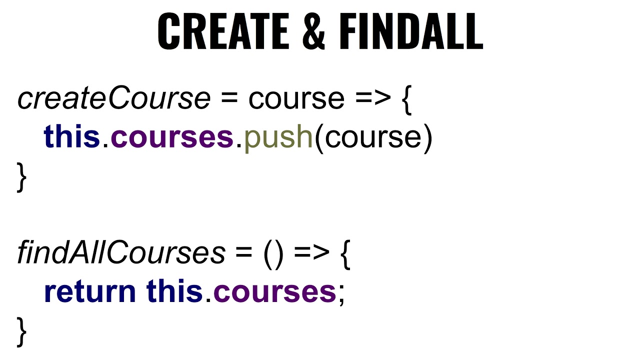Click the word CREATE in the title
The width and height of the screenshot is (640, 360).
pos(223,31)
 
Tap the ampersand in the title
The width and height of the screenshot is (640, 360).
pos(313,31)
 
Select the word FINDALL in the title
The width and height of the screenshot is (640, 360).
pos(411,31)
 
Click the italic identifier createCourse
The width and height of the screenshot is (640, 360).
pos(114,98)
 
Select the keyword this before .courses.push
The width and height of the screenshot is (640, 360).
pos(72,136)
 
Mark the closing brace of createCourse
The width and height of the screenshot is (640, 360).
pos(22,176)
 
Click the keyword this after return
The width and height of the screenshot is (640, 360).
pos(174,291)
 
